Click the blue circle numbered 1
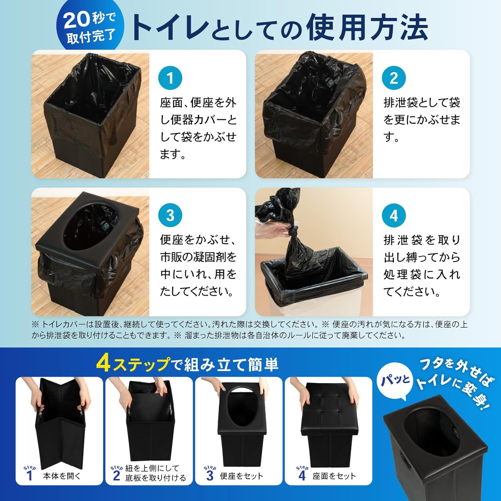tap(170, 78)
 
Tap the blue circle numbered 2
tap(394, 78)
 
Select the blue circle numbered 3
tap(170, 215)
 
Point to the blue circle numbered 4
tap(394, 215)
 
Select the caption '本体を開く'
tap(62, 476)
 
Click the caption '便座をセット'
tap(241, 476)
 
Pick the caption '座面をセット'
tap(334, 476)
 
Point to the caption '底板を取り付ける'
tap(156, 478)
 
